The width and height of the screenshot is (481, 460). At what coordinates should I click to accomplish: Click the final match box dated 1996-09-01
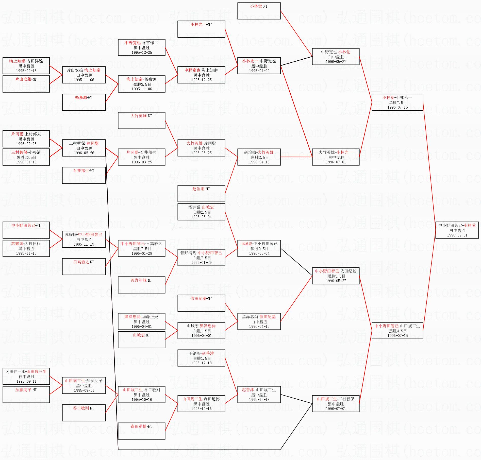point(457,230)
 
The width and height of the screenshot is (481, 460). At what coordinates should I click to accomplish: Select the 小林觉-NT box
point(259,11)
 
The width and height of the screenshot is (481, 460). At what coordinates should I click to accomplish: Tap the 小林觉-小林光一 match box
point(397,102)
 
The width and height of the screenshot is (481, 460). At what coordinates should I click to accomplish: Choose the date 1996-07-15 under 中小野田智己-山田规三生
point(397,336)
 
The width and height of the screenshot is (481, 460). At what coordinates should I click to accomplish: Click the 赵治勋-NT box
point(201,193)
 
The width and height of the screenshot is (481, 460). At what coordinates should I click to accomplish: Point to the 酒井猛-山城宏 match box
point(201,212)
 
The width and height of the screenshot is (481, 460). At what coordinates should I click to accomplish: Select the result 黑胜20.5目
point(26,157)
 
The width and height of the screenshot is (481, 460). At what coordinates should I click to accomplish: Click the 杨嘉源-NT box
point(84,102)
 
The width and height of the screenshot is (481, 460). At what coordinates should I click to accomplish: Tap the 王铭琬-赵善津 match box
point(201,358)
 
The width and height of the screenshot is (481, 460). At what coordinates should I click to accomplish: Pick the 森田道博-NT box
point(141,431)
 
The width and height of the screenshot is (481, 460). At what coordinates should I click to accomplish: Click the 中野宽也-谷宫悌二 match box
point(141,47)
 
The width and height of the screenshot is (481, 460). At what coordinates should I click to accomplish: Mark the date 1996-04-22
point(259,71)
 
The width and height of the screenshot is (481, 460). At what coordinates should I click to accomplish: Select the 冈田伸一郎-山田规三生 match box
point(26,376)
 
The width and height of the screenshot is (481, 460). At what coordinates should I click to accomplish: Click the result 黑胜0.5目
point(259,249)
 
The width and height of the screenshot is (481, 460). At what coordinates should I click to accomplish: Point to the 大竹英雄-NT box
point(141,120)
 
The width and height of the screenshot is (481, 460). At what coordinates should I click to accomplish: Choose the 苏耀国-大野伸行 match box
point(26,248)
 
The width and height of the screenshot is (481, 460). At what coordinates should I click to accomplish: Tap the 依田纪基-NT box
point(201,303)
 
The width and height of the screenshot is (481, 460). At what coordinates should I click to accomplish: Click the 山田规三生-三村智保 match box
point(336,404)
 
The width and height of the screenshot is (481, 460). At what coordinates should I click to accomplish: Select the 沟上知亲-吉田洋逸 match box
point(26,66)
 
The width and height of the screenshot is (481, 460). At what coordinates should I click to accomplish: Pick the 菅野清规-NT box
point(141,285)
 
